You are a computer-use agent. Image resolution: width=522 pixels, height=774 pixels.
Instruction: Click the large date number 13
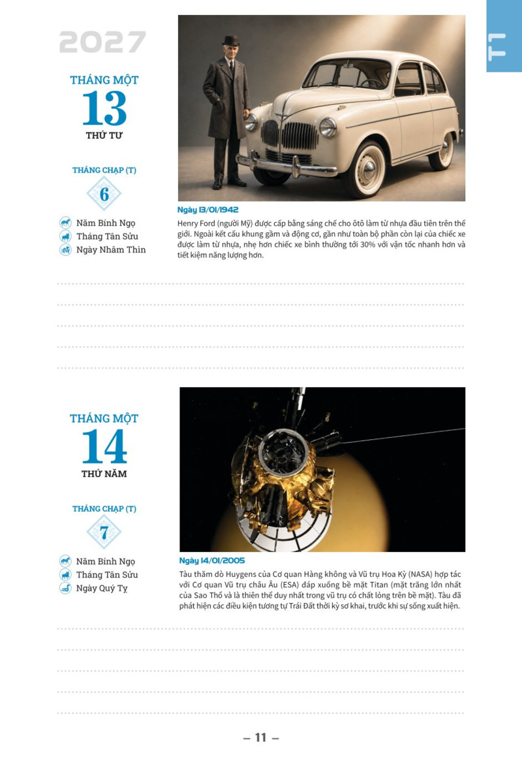(104, 108)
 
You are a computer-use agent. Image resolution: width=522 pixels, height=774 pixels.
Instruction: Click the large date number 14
(104, 446)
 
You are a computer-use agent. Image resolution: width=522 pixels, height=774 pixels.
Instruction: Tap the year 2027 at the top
(102, 42)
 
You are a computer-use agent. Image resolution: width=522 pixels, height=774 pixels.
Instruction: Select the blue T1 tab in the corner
(504, 36)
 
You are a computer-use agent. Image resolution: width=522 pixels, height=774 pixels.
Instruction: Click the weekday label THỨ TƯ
(104, 135)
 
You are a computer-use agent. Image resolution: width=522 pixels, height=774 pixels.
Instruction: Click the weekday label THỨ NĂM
(104, 474)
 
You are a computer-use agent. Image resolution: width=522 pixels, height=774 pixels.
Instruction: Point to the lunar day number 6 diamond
(104, 194)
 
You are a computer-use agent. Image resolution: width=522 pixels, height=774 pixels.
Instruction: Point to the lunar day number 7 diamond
(104, 532)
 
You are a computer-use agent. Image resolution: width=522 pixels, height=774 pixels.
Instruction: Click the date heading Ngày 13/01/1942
(207, 209)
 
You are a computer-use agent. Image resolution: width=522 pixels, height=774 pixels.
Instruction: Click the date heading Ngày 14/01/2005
(211, 561)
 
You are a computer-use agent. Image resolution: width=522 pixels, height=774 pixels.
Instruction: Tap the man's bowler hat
(230, 40)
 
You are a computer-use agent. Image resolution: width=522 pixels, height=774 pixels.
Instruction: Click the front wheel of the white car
(365, 170)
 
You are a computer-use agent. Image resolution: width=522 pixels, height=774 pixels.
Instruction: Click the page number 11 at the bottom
(261, 737)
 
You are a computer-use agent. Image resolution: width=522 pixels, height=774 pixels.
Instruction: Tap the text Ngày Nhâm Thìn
(111, 250)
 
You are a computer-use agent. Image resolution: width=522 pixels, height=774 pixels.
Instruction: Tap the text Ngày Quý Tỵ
(102, 589)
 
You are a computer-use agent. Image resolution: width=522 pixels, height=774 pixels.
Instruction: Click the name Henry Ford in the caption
(196, 224)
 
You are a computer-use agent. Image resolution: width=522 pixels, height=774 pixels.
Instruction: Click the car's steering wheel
(373, 82)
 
